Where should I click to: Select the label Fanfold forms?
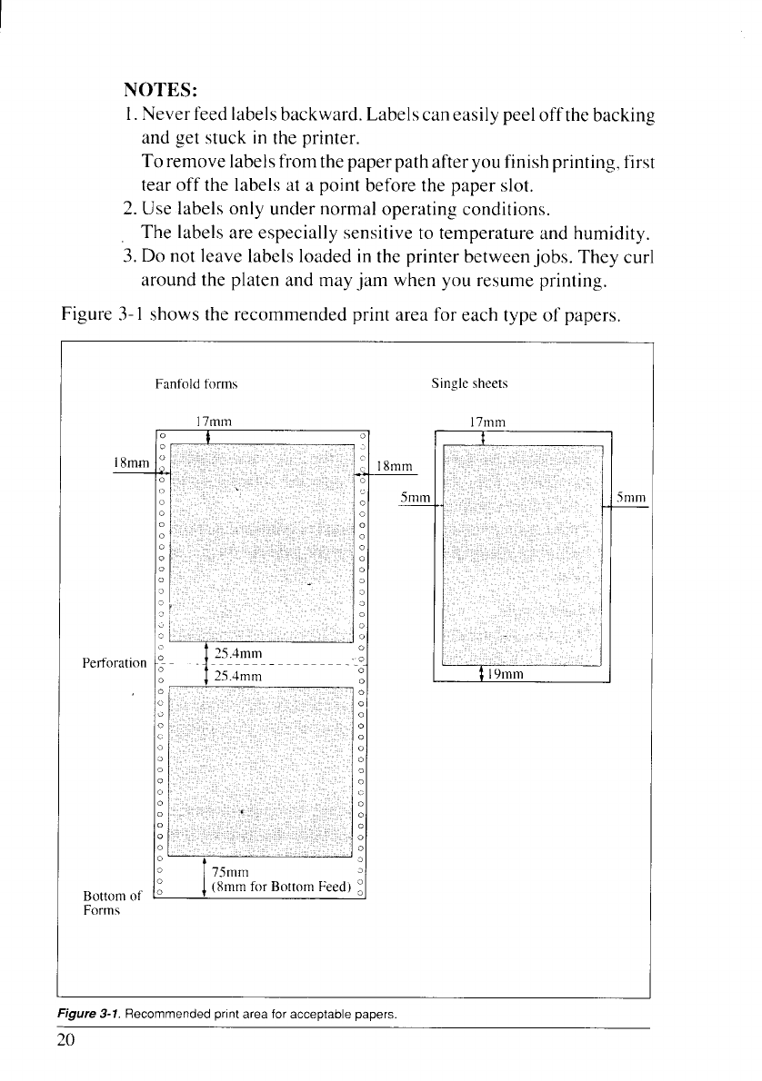pyautogui.click(x=196, y=384)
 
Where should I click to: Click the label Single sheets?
pyautogui.click(x=470, y=384)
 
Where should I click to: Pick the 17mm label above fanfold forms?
pyautogui.click(x=214, y=421)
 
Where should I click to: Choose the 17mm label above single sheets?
pyautogui.click(x=486, y=421)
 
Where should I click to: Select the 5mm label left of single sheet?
pyautogui.click(x=415, y=498)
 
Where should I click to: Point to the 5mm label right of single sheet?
pyautogui.click(x=630, y=498)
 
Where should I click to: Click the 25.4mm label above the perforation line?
pyautogui.click(x=238, y=654)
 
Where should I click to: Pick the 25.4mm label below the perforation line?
pyautogui.click(x=238, y=677)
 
